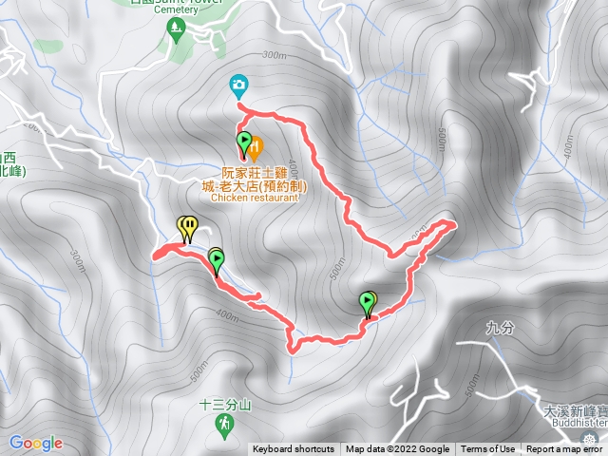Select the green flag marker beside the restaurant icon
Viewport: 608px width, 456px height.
(243, 143)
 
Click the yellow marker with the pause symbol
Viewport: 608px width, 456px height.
(188, 226)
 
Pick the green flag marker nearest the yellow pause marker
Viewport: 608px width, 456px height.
(216, 259)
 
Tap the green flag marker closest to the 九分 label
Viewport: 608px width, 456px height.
(367, 302)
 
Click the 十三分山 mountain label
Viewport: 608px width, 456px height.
(224, 403)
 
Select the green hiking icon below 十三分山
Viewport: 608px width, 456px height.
(224, 421)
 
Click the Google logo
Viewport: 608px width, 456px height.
(36, 443)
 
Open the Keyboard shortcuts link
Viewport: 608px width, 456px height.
(293, 449)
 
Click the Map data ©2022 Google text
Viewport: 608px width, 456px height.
(398, 449)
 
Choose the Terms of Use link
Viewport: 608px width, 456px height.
(488, 449)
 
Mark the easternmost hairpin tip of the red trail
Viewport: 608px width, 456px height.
(453, 224)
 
